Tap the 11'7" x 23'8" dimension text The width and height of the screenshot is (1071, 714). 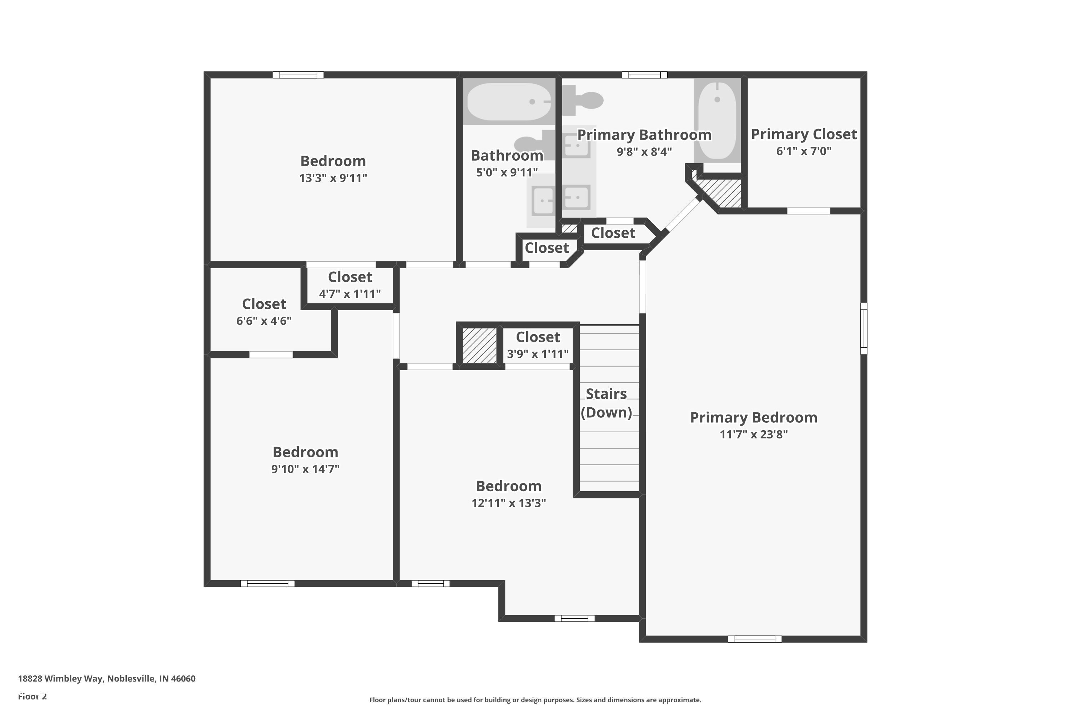754,434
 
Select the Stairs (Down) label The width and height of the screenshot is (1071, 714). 606,403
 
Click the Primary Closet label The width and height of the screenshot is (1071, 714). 804,134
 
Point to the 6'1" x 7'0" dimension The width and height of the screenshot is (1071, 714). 804,151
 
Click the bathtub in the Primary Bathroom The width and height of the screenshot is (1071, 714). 717,120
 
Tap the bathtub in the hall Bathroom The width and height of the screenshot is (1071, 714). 509,101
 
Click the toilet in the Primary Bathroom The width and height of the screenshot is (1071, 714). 583,100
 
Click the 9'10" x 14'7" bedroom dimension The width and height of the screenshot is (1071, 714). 305,469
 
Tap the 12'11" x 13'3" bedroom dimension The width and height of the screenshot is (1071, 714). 509,503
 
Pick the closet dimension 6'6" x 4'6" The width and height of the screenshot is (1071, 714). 264,321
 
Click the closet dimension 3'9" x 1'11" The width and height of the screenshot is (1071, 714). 538,354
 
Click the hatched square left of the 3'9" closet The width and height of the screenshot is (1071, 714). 479,346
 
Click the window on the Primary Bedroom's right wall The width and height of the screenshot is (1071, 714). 863,328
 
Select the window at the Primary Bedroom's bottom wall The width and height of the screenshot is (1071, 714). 755,639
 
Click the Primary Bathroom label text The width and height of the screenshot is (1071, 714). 644,135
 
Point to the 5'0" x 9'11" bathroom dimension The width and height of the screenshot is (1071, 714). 507,172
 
